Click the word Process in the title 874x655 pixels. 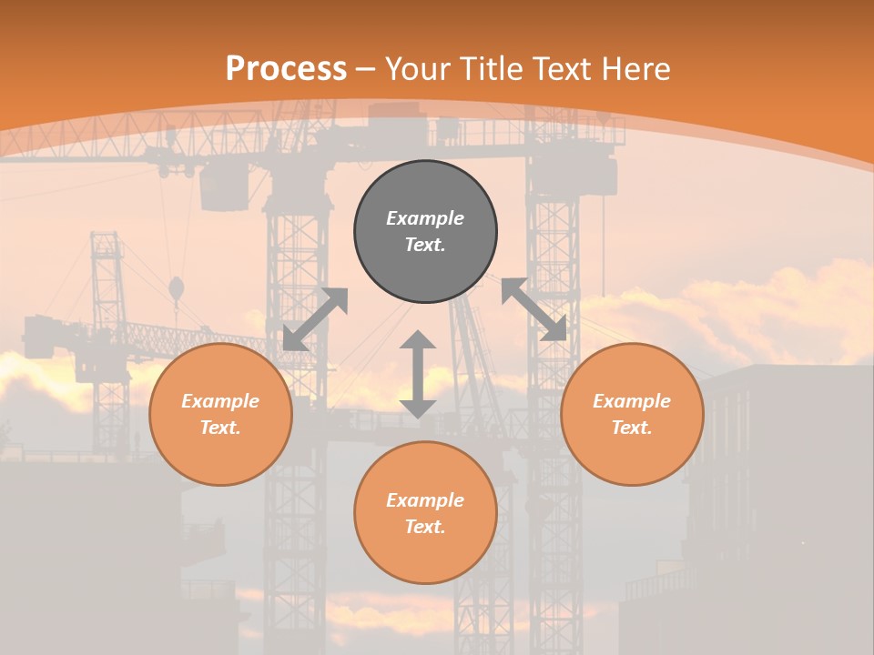click(x=286, y=69)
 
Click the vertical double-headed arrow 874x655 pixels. click(x=418, y=374)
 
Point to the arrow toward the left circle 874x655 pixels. click(x=315, y=318)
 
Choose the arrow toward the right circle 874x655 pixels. click(x=534, y=309)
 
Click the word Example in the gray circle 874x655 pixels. click(x=425, y=218)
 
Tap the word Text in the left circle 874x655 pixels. click(x=220, y=428)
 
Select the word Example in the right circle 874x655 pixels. click(x=632, y=401)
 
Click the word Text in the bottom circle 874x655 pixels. click(x=425, y=527)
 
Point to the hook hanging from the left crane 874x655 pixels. click(x=176, y=290)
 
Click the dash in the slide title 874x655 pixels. click(x=366, y=69)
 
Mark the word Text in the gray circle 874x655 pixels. click(x=425, y=245)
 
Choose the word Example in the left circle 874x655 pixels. click(x=220, y=401)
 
